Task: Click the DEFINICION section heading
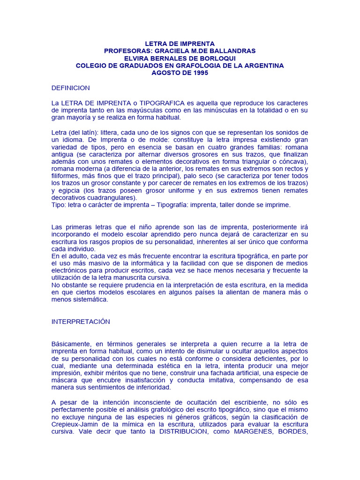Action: [x=70, y=88]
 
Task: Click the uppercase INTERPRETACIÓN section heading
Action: [x=81, y=322]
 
